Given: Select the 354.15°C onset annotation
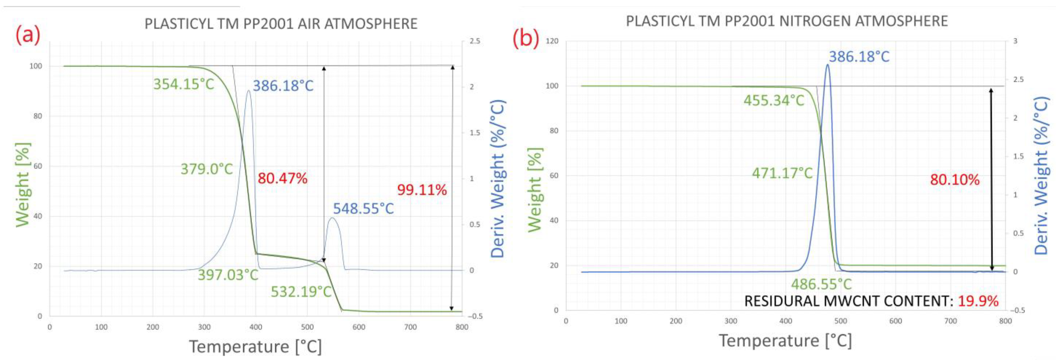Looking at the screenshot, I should tap(184, 84).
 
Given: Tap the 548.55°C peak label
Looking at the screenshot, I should tap(363, 209).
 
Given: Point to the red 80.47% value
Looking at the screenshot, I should tap(282, 178).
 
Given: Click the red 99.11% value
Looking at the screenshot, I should tap(422, 190).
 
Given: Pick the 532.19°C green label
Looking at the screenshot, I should tap(301, 292).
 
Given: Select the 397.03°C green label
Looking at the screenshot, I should tap(228, 275).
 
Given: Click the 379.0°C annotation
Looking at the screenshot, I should tap(207, 169).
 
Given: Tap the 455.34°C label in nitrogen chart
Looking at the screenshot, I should tap(774, 100).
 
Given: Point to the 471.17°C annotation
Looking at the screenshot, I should tap(782, 173).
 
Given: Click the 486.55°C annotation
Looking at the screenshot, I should tap(821, 284).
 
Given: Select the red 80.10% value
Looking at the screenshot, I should tap(954, 180).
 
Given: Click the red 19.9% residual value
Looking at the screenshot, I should tap(978, 301).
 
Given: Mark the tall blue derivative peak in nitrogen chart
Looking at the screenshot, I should tap(827, 66).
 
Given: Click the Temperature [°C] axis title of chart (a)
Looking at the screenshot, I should tap(255, 346).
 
